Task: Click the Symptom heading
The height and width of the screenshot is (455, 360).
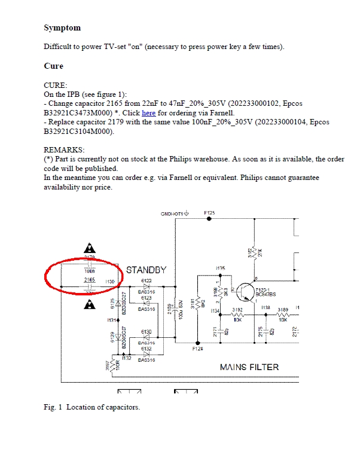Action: click(62, 28)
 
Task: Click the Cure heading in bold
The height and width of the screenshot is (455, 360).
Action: click(53, 66)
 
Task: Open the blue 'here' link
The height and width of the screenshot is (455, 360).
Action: click(148, 112)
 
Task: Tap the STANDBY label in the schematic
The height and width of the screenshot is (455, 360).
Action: click(146, 270)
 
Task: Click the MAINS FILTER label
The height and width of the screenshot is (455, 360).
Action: click(249, 367)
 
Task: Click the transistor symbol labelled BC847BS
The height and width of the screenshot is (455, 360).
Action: click(246, 292)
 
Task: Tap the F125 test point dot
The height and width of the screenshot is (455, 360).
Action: click(209, 219)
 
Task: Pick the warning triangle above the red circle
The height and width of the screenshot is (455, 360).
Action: click(90, 248)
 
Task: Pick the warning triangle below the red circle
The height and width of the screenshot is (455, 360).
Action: click(90, 304)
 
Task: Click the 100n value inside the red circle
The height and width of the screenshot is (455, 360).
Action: click(89, 271)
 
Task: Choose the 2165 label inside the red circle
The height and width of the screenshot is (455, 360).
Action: click(89, 279)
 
